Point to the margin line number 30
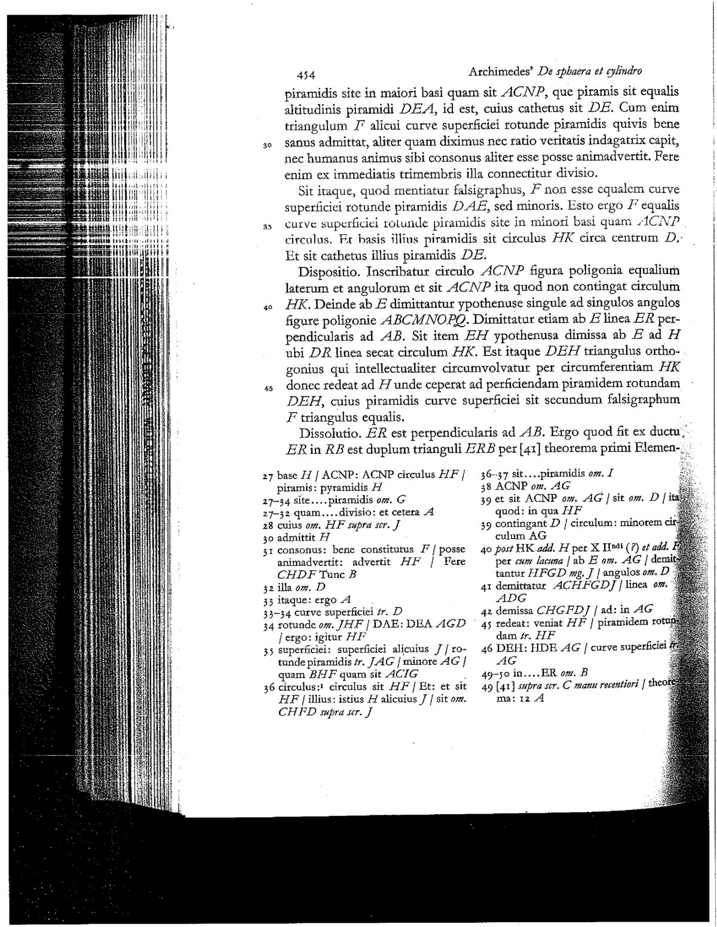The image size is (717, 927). pyautogui.click(x=268, y=145)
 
